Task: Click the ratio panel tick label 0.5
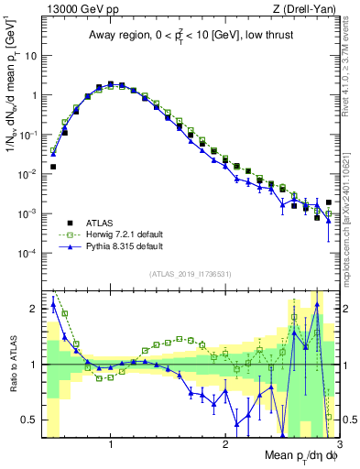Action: [x=29, y=420]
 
